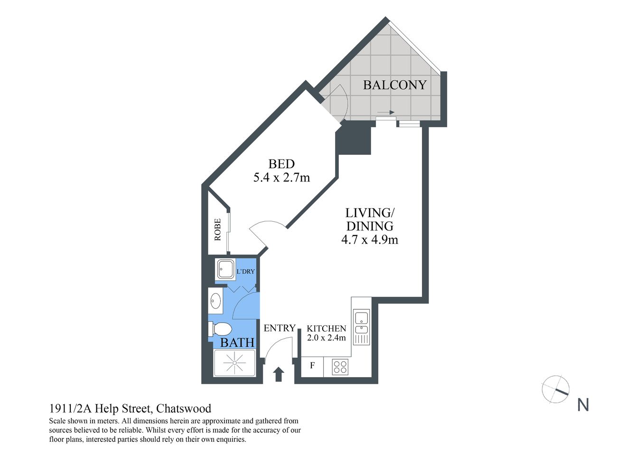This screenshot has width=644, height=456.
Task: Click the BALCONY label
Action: point(394,85)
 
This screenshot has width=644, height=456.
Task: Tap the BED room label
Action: point(281,164)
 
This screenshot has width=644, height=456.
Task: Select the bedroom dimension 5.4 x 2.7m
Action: point(281,178)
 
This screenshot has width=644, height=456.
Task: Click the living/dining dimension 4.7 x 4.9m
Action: point(369,239)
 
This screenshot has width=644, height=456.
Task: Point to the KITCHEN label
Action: point(326,329)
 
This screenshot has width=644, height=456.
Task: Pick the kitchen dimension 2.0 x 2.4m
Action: point(326,338)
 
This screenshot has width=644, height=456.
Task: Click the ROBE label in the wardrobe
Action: point(218,229)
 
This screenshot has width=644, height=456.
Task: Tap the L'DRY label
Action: point(245,272)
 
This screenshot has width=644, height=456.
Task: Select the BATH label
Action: point(237,342)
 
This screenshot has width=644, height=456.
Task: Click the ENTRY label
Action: point(280,328)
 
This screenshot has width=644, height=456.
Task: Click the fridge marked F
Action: point(312,366)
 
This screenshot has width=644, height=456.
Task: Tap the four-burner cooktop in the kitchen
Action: point(340,367)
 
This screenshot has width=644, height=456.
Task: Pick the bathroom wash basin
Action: point(215,301)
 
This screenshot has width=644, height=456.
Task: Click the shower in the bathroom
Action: point(235,363)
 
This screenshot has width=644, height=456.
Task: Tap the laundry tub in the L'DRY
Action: point(225,269)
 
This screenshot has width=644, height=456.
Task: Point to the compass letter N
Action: point(583,405)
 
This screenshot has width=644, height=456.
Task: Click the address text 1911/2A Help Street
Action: point(99,408)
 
